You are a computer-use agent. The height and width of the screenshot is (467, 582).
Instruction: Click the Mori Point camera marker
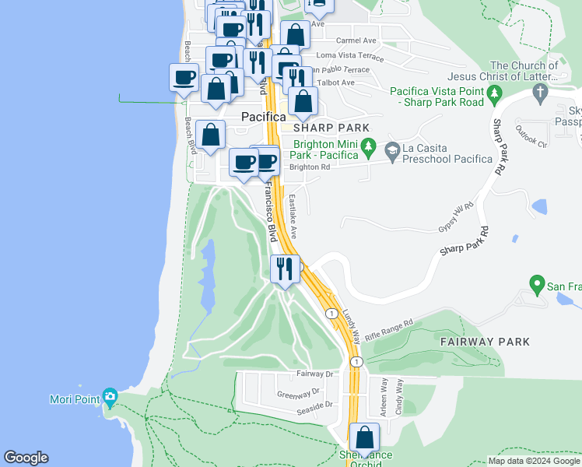pos(110,399)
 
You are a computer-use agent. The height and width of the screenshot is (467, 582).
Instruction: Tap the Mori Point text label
pos(81,400)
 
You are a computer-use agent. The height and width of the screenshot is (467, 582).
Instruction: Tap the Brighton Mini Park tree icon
pos(369,146)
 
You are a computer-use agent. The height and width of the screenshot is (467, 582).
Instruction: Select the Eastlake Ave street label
pos(294,217)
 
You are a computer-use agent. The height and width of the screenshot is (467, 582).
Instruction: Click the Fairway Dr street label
pos(314,374)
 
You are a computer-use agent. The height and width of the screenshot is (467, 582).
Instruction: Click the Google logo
pos(26,458)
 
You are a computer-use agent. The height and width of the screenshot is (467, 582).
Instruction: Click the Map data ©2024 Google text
pos(534,461)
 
